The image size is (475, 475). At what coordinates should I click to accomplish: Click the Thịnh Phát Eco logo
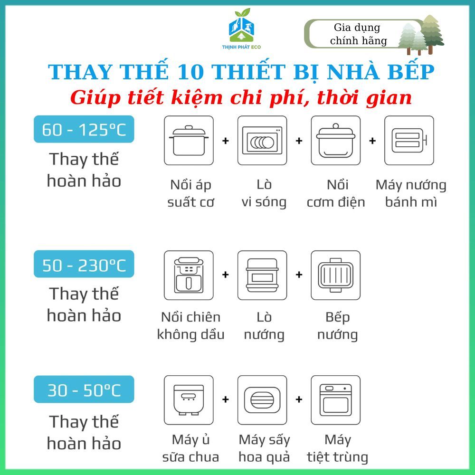coord(241,29)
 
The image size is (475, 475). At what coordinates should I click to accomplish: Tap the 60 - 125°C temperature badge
coord(84,129)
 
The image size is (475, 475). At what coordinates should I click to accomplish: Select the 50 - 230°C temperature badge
coord(84,264)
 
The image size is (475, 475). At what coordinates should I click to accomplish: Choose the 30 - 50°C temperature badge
coord(84,389)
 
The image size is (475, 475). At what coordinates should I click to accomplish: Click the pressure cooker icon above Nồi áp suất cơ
coord(189,141)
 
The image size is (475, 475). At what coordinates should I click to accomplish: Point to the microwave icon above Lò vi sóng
coord(262,141)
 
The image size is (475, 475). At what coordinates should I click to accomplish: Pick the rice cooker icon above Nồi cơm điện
coord(336,141)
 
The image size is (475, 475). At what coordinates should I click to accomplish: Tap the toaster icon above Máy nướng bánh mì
coord(409,141)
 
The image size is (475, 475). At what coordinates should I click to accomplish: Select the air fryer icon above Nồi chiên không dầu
coord(189,275)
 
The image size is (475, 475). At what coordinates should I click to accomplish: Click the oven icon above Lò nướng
coord(262,275)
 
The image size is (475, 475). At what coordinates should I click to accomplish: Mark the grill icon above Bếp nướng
coord(336,275)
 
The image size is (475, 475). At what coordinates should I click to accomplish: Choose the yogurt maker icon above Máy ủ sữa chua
coord(189,400)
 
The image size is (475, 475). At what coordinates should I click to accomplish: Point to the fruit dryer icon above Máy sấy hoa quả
coord(262,400)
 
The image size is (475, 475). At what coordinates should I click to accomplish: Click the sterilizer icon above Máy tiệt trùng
coord(336,400)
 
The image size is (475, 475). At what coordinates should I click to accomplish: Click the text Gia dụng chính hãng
coord(358,34)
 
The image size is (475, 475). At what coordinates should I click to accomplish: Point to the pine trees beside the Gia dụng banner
coord(421,35)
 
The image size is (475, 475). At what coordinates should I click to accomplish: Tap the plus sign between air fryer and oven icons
coord(225,275)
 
